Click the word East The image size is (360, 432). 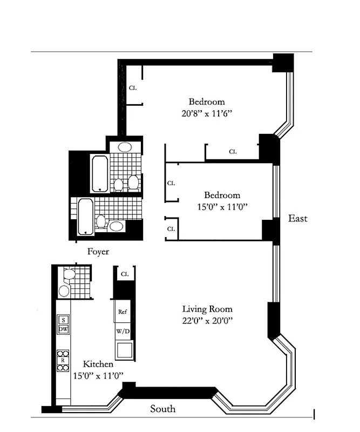pyautogui.click(x=297, y=218)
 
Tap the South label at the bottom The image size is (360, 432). pyautogui.click(x=162, y=409)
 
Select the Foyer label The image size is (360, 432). pyautogui.click(x=98, y=252)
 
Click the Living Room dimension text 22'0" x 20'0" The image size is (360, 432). pyautogui.click(x=207, y=320)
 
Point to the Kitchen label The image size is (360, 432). pyautogui.click(x=98, y=364)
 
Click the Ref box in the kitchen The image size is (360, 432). pyautogui.click(x=122, y=312)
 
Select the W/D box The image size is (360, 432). pyautogui.click(x=122, y=330)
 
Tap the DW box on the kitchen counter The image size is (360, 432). pyautogui.click(x=63, y=329)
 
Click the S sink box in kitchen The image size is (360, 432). pyautogui.click(x=63, y=319)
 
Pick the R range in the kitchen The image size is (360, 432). pyautogui.click(x=63, y=360)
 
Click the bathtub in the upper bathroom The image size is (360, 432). pyautogui.click(x=100, y=173)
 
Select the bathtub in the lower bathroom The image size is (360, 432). pyautogui.click(x=85, y=216)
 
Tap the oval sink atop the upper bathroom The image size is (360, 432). pyautogui.click(x=125, y=147)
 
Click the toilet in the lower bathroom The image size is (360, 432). pyautogui.click(x=100, y=221)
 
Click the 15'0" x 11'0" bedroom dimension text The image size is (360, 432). pyautogui.click(x=222, y=206)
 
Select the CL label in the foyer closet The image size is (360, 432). pyautogui.click(x=124, y=274)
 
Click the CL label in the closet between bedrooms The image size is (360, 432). pyautogui.click(x=233, y=152)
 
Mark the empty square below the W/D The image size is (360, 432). pyautogui.click(x=124, y=349)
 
